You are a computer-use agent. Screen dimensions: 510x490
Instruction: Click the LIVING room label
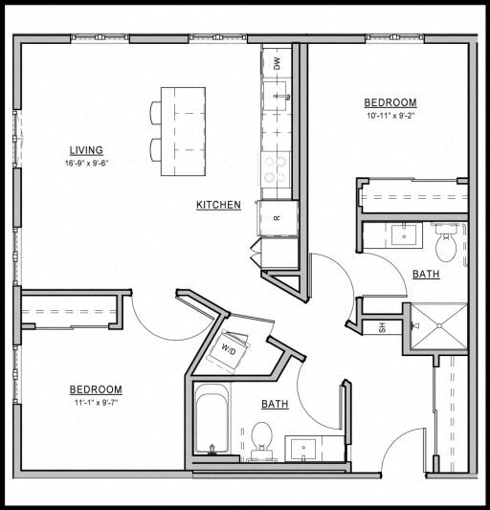pos(86,150)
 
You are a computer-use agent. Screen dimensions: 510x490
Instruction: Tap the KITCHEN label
pos(218,205)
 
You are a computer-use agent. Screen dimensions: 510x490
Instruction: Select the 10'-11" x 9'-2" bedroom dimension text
pos(390,117)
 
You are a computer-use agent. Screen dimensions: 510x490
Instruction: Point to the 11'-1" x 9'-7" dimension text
pos(96,403)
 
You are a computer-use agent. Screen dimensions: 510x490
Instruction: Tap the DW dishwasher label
pos(278,64)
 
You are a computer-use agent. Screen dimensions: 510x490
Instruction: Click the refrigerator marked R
pos(278,217)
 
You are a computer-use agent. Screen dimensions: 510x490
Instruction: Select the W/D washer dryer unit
pos(231,350)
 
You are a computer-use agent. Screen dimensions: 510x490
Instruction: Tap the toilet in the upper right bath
pos(446,246)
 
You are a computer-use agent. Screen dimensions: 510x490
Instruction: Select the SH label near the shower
pos(382,327)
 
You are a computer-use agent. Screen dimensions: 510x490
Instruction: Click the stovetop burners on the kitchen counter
pos(277,170)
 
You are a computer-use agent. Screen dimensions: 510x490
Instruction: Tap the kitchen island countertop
pos(183,131)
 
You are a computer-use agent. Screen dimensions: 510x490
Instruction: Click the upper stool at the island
pos(156,113)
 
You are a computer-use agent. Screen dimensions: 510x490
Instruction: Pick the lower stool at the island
pos(156,150)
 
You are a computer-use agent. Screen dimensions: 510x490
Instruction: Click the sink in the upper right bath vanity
pos(403,235)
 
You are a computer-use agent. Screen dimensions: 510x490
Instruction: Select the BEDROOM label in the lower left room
pos(96,389)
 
